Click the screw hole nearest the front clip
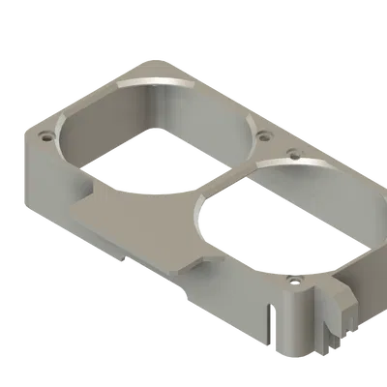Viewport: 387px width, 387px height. [x=292, y=282]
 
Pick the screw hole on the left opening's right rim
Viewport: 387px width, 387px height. [x=259, y=134]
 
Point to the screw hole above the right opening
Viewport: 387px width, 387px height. [x=294, y=152]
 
